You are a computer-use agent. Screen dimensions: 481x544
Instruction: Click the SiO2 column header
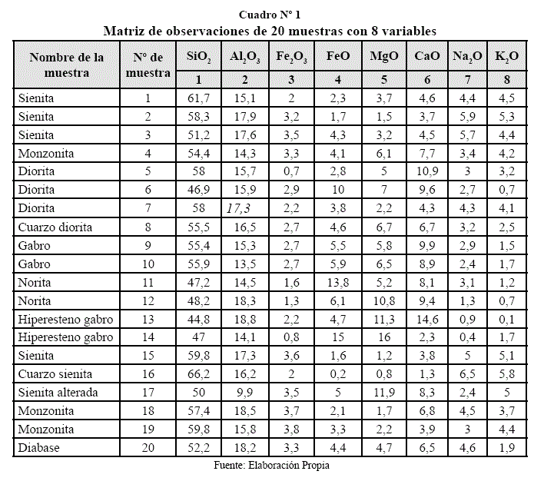click(197, 58)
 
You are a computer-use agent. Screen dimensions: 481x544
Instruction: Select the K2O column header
click(506, 58)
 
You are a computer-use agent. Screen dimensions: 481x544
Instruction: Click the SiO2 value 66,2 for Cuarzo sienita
click(197, 373)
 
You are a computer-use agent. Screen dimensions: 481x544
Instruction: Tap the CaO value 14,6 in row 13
click(427, 319)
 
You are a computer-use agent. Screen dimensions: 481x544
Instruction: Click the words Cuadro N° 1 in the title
click(270, 15)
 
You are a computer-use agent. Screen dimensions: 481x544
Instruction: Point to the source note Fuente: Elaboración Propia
click(272, 466)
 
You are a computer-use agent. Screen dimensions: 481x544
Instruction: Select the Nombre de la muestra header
click(67, 65)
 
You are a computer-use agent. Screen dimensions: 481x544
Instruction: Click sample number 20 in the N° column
click(148, 447)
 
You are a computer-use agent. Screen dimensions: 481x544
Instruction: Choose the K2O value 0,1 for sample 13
click(506, 319)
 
